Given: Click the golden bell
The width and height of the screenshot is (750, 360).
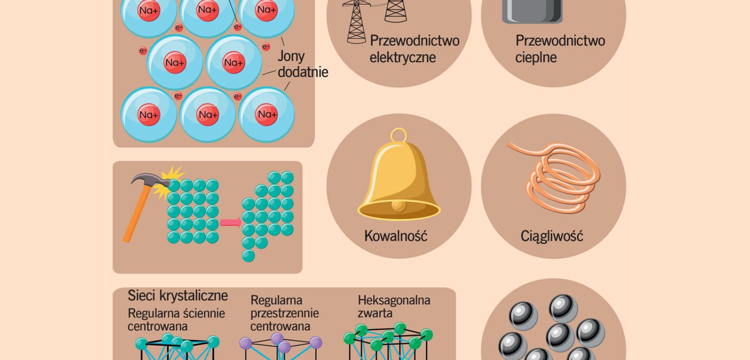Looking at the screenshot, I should pyautogui.click(x=398, y=183).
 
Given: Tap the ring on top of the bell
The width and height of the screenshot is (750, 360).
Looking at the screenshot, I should pyautogui.click(x=398, y=135).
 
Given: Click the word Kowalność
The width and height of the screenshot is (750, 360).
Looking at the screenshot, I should pyautogui.click(x=396, y=235).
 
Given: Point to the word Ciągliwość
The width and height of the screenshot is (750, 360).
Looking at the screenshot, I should pyautogui.click(x=552, y=235).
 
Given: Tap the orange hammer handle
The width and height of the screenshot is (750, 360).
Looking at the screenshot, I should pyautogui.click(x=136, y=216).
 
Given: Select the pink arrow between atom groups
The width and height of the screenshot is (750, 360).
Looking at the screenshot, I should pyautogui.click(x=230, y=222).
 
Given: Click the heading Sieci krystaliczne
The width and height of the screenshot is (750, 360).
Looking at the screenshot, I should pyautogui.click(x=178, y=295).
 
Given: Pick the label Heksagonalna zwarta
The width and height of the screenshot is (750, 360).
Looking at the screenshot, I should pyautogui.click(x=394, y=306).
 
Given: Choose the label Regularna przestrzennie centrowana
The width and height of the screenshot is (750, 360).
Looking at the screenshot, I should pyautogui.click(x=284, y=313).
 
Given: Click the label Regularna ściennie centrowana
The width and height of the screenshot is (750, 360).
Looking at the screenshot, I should pyautogui.click(x=176, y=319).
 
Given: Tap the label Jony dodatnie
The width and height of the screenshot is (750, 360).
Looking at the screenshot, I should pyautogui.click(x=302, y=64).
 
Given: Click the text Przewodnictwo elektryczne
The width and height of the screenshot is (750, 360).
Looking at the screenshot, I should pyautogui.click(x=414, y=49).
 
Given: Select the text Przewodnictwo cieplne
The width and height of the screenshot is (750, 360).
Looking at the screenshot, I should pyautogui.click(x=560, y=49).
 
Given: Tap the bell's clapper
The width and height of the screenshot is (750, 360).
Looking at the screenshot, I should pyautogui.click(x=398, y=205).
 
